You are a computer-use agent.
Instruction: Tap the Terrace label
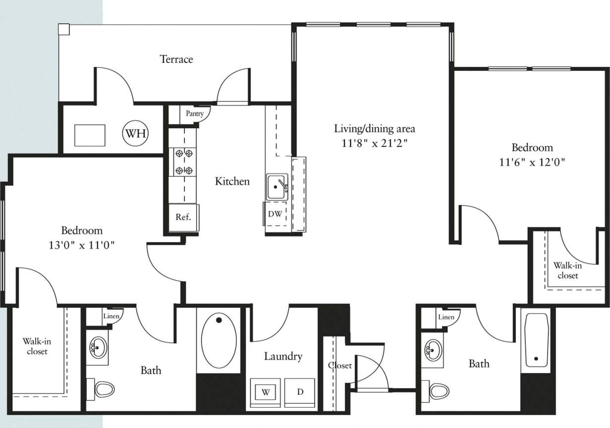click(x=176, y=59)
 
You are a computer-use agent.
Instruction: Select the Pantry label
click(x=194, y=114)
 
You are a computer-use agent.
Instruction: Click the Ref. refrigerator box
click(x=183, y=217)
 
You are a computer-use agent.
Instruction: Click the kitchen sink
click(x=277, y=187)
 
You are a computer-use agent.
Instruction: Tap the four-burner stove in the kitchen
click(x=183, y=162)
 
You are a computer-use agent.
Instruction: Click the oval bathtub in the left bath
click(x=219, y=342)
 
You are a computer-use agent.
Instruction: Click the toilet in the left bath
click(x=104, y=389)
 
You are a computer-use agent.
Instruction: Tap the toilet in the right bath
click(x=438, y=391)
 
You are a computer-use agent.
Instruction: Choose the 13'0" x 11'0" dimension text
click(x=82, y=245)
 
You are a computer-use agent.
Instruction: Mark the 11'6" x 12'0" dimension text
click(x=532, y=162)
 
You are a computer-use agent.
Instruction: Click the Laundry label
click(x=283, y=356)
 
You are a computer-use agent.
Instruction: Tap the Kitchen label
click(x=232, y=181)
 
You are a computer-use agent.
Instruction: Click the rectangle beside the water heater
click(x=90, y=135)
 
